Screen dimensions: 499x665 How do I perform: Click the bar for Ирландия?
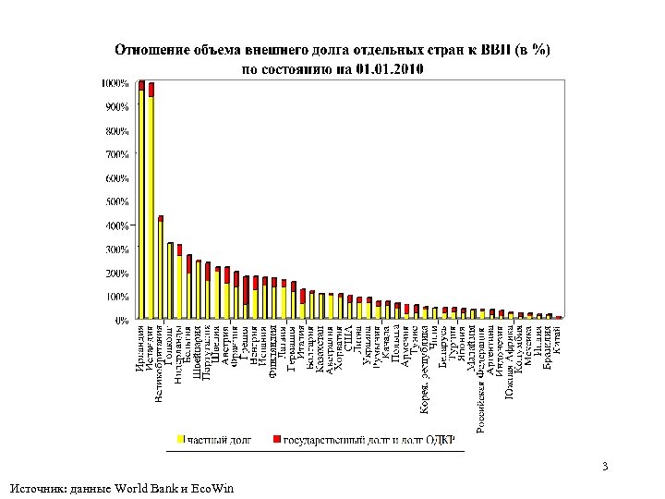pos(141,203)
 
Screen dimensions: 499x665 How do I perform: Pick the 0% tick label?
pos(121,320)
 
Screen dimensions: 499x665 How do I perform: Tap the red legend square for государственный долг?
pos(277,437)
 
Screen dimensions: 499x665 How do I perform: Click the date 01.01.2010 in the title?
pos(384,67)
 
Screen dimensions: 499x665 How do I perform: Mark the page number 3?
pos(604,466)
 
